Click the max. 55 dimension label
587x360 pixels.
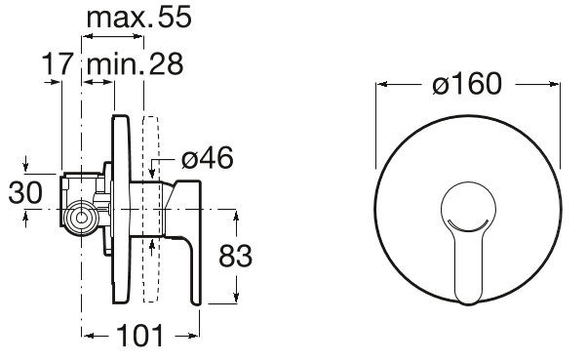[x=138, y=18]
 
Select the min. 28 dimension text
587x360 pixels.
[x=136, y=63]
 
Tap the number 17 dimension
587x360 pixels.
[x=57, y=63]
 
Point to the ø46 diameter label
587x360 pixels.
[x=208, y=158]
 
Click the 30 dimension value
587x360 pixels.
[x=25, y=192]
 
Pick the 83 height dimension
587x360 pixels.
[x=235, y=257]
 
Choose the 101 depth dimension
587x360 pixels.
[x=140, y=336]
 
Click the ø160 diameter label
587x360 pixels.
[x=467, y=83]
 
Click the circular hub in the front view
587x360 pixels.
[x=468, y=208]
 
